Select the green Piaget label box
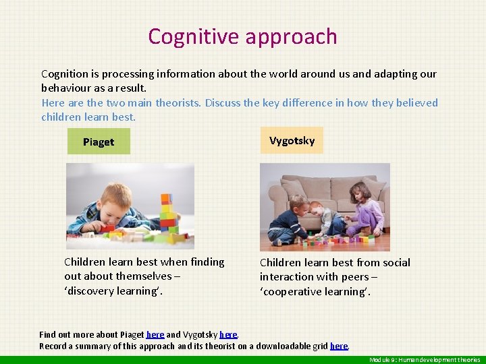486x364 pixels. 99,142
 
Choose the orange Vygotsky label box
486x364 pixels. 292,140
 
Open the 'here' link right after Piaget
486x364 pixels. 155,334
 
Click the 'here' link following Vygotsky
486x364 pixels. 228,334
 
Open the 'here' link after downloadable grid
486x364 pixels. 339,346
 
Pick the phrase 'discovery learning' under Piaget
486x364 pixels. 113,291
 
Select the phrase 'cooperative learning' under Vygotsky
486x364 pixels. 315,291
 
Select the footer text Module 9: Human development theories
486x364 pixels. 425,359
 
